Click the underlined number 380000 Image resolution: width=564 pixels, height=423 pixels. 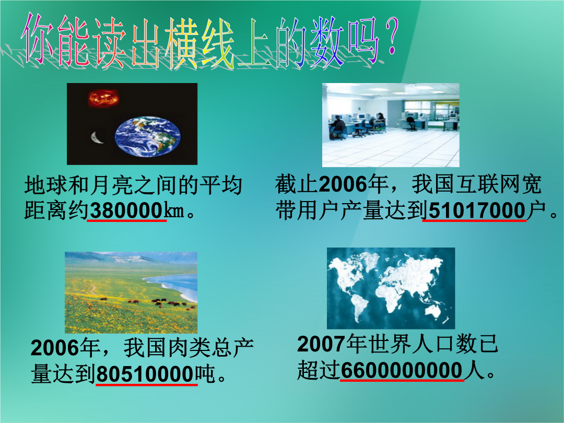[x=126, y=210]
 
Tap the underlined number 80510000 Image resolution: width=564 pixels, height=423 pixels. [x=146, y=374]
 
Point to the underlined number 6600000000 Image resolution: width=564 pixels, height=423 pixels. [x=402, y=370]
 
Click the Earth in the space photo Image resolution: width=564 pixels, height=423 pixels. [x=147, y=136]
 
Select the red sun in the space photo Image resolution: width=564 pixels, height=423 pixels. [x=103, y=98]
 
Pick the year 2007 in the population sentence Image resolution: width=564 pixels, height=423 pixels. [x=321, y=344]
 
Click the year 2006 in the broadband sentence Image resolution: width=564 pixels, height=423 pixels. [x=343, y=184]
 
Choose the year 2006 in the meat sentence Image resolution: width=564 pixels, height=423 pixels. [x=54, y=348]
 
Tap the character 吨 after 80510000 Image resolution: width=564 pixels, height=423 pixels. [x=205, y=374]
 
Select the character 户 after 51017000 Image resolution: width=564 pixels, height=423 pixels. [x=536, y=210]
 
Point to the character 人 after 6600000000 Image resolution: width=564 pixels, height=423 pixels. [x=474, y=370]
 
